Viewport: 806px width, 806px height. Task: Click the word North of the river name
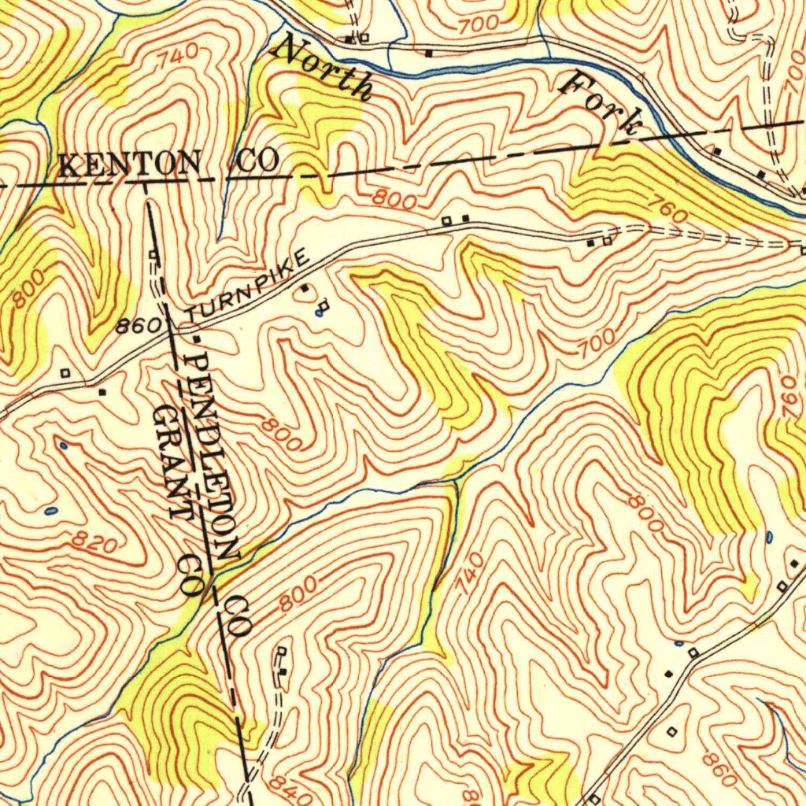pos(321,69)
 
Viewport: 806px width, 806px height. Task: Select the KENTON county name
pos(130,165)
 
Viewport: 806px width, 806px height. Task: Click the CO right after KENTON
pos(257,163)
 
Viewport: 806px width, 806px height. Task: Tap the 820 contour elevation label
pos(94,542)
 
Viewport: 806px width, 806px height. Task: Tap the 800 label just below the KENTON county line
pos(394,200)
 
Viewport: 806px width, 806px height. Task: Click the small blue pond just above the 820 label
pos(50,511)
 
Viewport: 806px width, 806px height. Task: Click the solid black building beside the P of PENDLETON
pos(197,338)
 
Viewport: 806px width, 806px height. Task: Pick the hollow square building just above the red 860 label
pos(671,731)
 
